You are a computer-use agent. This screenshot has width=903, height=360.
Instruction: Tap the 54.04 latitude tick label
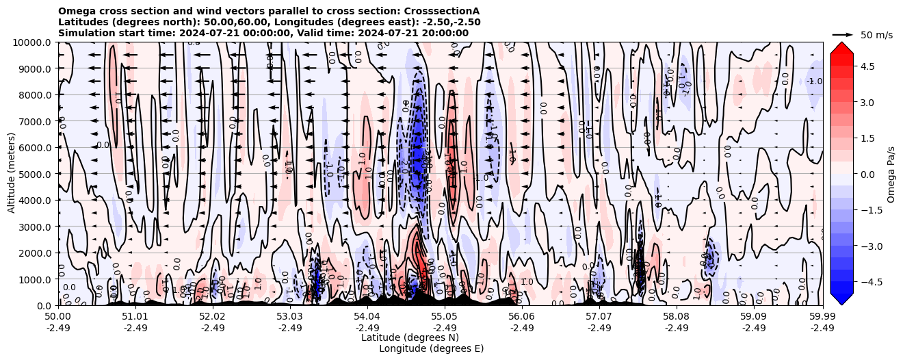367,317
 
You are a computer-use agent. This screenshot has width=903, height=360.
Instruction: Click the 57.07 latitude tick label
599,317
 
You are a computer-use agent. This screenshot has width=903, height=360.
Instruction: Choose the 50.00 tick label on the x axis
58,317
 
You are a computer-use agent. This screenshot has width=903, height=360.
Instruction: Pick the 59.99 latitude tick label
822,317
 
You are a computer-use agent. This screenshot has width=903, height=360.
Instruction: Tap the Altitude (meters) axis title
12,174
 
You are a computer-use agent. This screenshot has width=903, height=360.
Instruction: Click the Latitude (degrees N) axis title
410,337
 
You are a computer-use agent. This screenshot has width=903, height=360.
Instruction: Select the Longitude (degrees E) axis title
431,348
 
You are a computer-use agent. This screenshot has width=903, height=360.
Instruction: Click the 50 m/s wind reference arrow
843,34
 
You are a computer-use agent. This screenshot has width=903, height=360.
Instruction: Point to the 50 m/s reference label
876,35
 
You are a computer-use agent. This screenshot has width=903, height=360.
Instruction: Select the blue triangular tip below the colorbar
841,299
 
